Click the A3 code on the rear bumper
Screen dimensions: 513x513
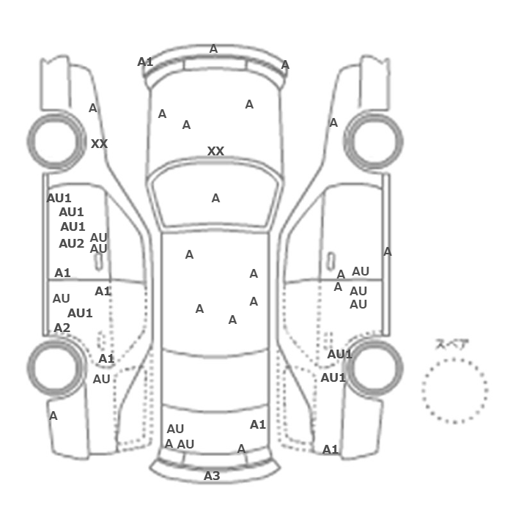coord(212,476)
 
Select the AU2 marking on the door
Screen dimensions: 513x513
coord(71,243)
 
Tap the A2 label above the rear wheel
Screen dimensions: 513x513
coord(62,328)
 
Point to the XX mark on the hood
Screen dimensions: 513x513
coord(215,151)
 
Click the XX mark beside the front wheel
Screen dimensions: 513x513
coord(99,144)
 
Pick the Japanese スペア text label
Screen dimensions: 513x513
coord(447,344)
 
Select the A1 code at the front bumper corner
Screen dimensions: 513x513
coord(145,62)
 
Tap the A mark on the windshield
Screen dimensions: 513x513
coord(215,198)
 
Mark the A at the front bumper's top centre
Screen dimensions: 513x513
coord(213,49)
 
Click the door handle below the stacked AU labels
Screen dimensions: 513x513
coord(98,262)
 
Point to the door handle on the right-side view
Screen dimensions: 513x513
coord(331,261)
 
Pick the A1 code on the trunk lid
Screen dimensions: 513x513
coord(258,424)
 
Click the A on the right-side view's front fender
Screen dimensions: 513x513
coord(333,122)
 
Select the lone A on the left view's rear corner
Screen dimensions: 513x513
coord(53,416)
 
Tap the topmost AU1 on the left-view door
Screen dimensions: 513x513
coord(59,198)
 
